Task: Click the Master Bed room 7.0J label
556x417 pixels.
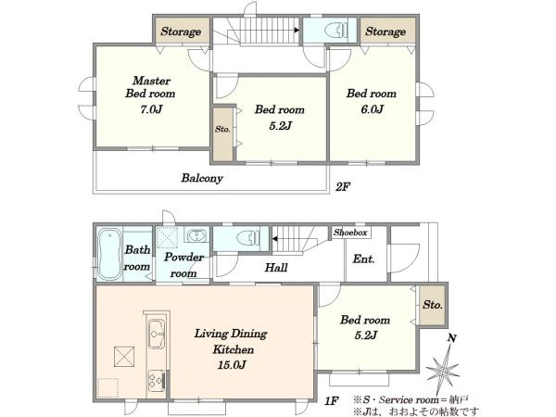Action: (x=150, y=95)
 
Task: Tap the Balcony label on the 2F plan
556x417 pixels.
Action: (x=202, y=178)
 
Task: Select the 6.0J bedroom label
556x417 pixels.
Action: (x=372, y=101)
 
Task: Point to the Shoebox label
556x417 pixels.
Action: (x=350, y=233)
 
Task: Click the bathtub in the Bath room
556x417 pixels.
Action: (x=108, y=254)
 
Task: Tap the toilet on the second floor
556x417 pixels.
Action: (x=336, y=30)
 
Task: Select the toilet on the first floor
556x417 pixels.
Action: (x=247, y=238)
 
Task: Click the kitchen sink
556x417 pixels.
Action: (x=156, y=333)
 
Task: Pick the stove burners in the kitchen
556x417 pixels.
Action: (x=156, y=381)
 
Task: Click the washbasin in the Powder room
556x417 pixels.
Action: (x=196, y=235)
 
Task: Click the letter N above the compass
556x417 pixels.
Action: (x=451, y=338)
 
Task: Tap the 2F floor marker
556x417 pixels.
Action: (x=343, y=186)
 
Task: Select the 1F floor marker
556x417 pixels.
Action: (x=332, y=401)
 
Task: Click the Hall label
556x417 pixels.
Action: (x=276, y=268)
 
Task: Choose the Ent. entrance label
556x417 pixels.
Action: (x=363, y=259)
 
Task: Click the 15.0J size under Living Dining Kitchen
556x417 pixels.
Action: (x=232, y=364)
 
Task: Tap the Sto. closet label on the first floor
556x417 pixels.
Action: (x=433, y=305)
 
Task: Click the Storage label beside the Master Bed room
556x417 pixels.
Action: (x=181, y=32)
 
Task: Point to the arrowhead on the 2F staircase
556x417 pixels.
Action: (x=297, y=30)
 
